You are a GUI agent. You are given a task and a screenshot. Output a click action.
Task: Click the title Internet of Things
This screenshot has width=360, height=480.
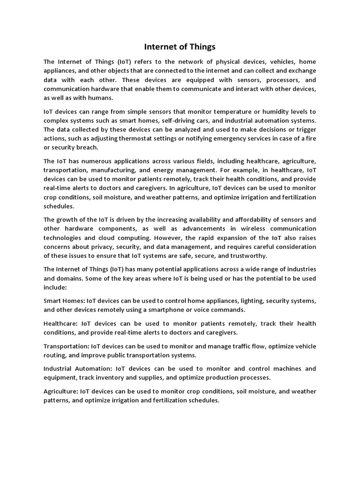(180, 47)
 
